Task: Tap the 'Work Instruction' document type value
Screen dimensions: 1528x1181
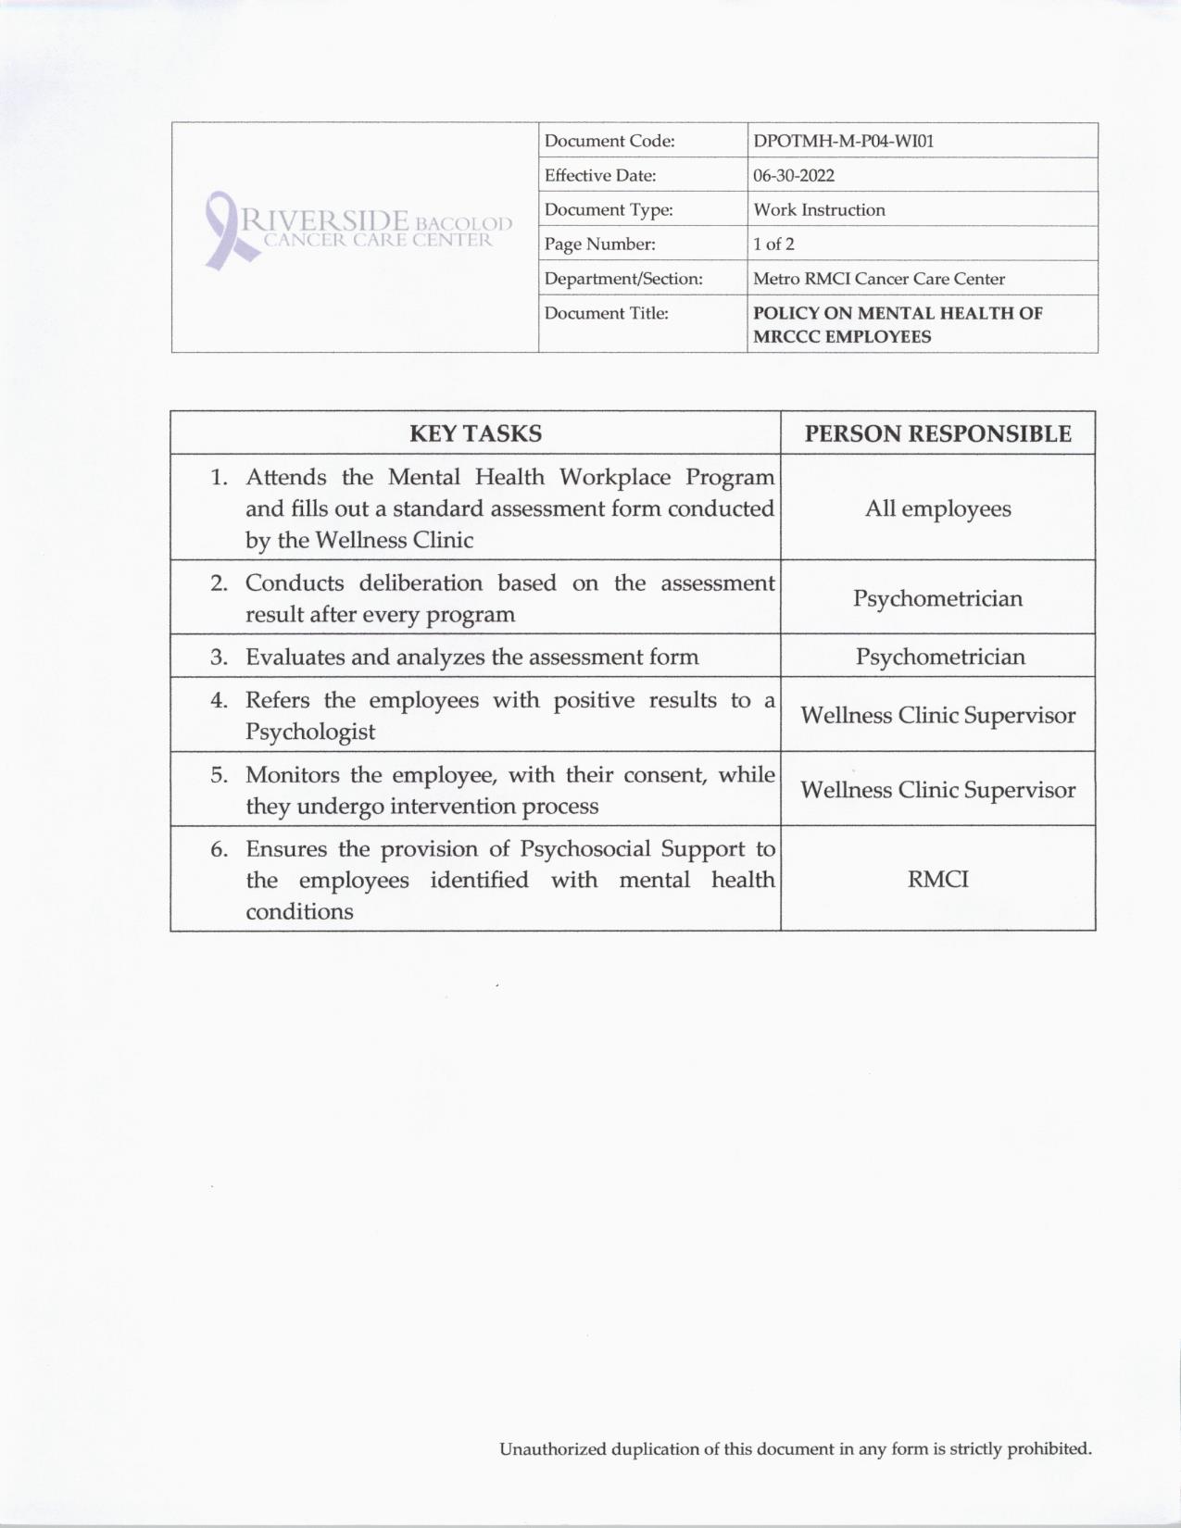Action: tap(819, 209)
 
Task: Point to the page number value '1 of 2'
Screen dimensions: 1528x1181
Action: tap(773, 244)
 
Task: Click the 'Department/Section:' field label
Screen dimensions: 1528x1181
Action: tap(623, 279)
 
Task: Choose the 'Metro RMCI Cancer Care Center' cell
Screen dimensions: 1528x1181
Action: tap(878, 279)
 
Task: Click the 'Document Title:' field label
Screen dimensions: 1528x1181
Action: tap(606, 313)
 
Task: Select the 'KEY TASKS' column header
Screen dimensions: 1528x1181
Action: tap(475, 433)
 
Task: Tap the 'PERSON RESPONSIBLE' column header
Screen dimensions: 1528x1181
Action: tap(937, 433)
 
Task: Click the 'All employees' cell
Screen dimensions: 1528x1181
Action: tap(937, 508)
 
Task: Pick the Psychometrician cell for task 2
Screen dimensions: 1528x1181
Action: tap(937, 598)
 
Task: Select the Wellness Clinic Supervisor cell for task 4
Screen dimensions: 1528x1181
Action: tap(937, 715)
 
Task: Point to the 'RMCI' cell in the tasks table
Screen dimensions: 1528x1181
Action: tap(937, 879)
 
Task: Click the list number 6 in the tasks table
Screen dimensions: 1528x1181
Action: tap(219, 849)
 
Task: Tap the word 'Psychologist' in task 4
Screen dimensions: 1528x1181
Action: tap(309, 732)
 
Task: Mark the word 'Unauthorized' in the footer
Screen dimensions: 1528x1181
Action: tap(552, 1449)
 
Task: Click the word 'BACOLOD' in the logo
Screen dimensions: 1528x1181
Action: tap(463, 224)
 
